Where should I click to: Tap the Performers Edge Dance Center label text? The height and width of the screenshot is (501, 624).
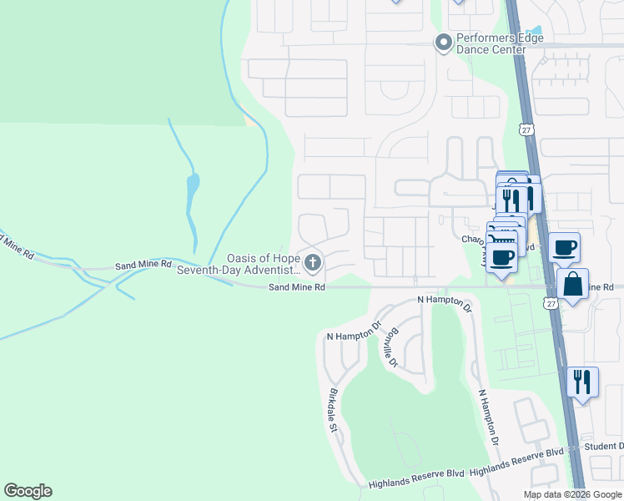tap(491, 44)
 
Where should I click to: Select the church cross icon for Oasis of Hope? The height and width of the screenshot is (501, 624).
tap(313, 265)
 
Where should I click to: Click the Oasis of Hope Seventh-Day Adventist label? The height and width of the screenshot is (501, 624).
tap(264, 265)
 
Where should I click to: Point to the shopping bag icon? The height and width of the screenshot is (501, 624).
tap(573, 284)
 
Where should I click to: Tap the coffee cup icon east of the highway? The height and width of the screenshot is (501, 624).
tap(565, 247)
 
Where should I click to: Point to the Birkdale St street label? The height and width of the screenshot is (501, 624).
tap(333, 409)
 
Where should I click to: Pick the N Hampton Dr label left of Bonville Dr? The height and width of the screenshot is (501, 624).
tap(353, 331)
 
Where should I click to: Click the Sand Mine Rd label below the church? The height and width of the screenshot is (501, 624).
tap(295, 287)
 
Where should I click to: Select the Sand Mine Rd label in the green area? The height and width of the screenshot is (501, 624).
tap(143, 264)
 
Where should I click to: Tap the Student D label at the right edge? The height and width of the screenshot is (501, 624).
tap(605, 447)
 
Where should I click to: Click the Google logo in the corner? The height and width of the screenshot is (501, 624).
tap(28, 491)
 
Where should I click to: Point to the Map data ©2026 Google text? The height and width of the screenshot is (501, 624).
tap(571, 494)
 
